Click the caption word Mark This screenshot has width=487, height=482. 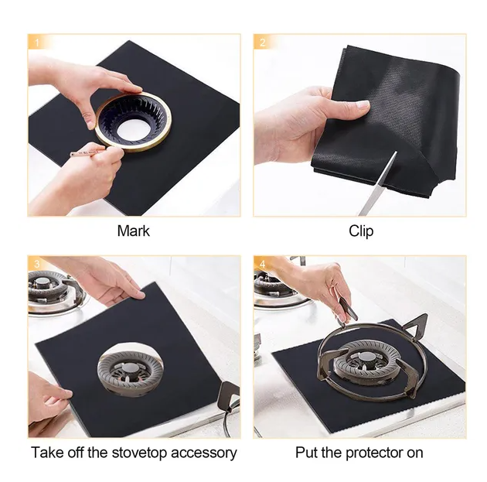[133, 231]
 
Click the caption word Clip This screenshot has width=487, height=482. [361, 231]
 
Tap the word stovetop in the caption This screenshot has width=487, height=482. [139, 453]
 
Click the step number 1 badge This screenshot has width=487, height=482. [37, 42]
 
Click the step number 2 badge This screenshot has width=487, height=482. [263, 42]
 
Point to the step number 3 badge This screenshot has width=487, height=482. [37, 264]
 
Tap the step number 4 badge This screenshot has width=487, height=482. [263, 264]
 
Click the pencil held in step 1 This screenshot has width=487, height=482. [84, 153]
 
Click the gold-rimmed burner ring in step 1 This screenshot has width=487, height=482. [133, 121]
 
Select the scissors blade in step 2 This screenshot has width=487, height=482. [378, 184]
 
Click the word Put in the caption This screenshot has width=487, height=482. [306, 453]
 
